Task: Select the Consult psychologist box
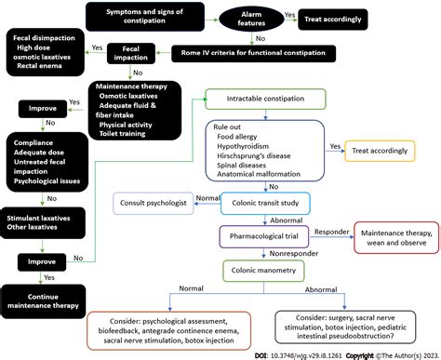pos(154,202)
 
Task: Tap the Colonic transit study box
pos(263,202)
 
